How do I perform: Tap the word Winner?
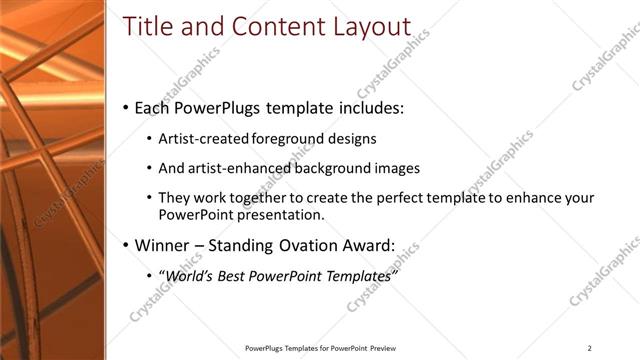(x=161, y=245)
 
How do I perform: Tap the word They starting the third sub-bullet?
(x=175, y=198)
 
